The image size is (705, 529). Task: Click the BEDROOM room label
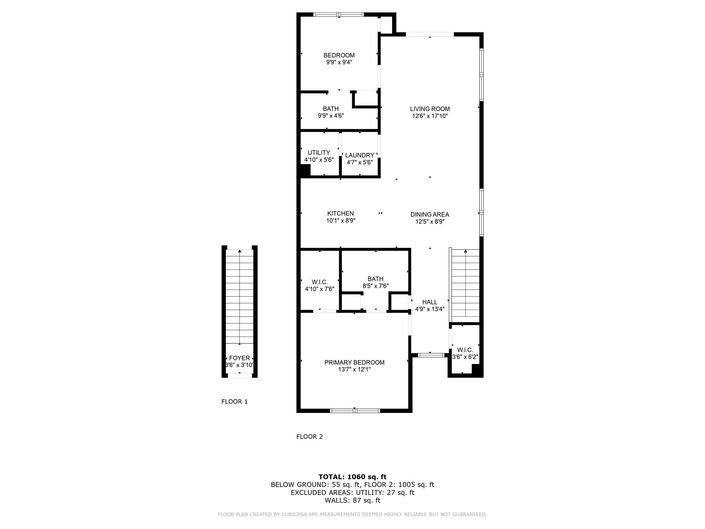[x=339, y=55]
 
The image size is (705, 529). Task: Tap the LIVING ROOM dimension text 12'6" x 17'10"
[x=430, y=116]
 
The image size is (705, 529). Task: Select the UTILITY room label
[x=319, y=153]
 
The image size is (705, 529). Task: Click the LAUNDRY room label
[x=359, y=155]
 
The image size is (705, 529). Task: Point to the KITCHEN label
[x=340, y=214]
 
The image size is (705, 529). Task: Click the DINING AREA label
[x=430, y=215]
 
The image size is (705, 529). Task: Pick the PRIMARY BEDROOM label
[x=354, y=362]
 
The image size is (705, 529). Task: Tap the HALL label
[x=430, y=302]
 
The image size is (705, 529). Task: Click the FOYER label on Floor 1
[x=239, y=358]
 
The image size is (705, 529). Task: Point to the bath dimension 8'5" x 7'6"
[x=376, y=286]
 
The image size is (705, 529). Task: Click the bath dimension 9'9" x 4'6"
[x=331, y=116]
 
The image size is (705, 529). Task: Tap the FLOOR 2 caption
[x=309, y=437]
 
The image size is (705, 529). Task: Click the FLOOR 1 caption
[x=234, y=402]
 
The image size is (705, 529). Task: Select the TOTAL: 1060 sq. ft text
[x=352, y=477]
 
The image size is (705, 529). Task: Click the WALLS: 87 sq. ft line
[x=352, y=500]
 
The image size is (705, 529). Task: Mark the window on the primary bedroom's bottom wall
[x=355, y=411]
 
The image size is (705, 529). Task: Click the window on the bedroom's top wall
[x=339, y=14]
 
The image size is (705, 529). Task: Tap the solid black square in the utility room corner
[x=305, y=170]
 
